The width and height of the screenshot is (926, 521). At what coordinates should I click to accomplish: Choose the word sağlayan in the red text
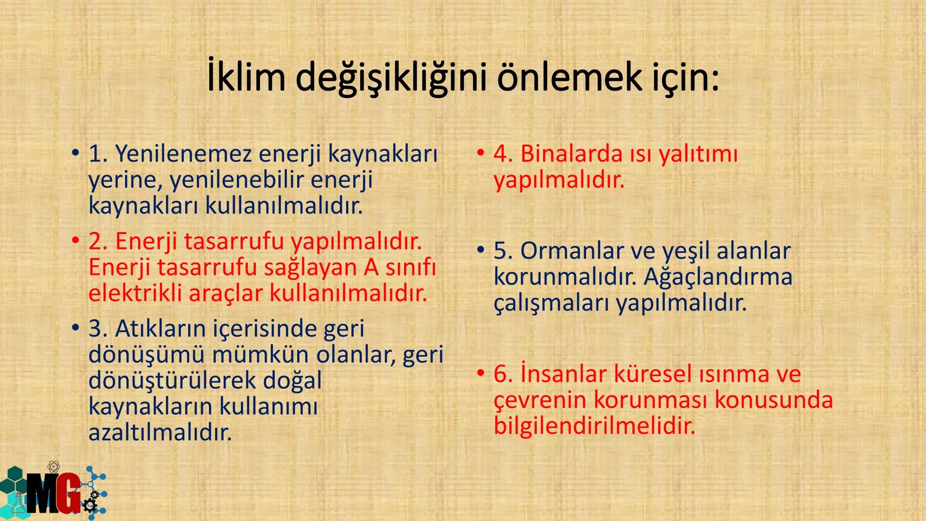click(x=312, y=267)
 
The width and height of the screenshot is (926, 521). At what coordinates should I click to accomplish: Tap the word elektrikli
click(x=135, y=293)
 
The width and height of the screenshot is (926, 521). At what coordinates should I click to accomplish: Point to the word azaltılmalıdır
click(x=160, y=433)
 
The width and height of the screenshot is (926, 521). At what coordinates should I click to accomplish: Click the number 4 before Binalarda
click(x=502, y=154)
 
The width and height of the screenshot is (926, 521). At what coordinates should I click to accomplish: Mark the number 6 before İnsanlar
click(x=502, y=374)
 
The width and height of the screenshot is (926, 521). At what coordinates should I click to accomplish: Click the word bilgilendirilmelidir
click(x=594, y=426)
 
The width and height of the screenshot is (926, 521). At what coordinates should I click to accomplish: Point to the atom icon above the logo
click(x=54, y=466)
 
